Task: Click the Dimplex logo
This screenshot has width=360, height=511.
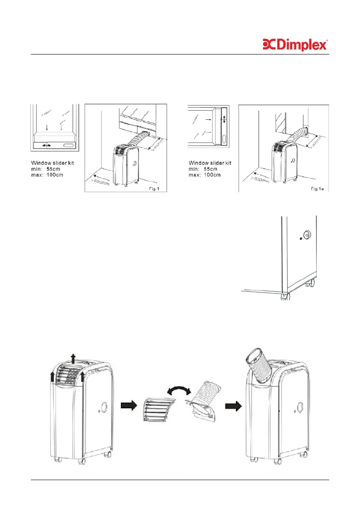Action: (295, 45)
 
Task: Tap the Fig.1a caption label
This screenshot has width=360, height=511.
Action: (318, 188)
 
